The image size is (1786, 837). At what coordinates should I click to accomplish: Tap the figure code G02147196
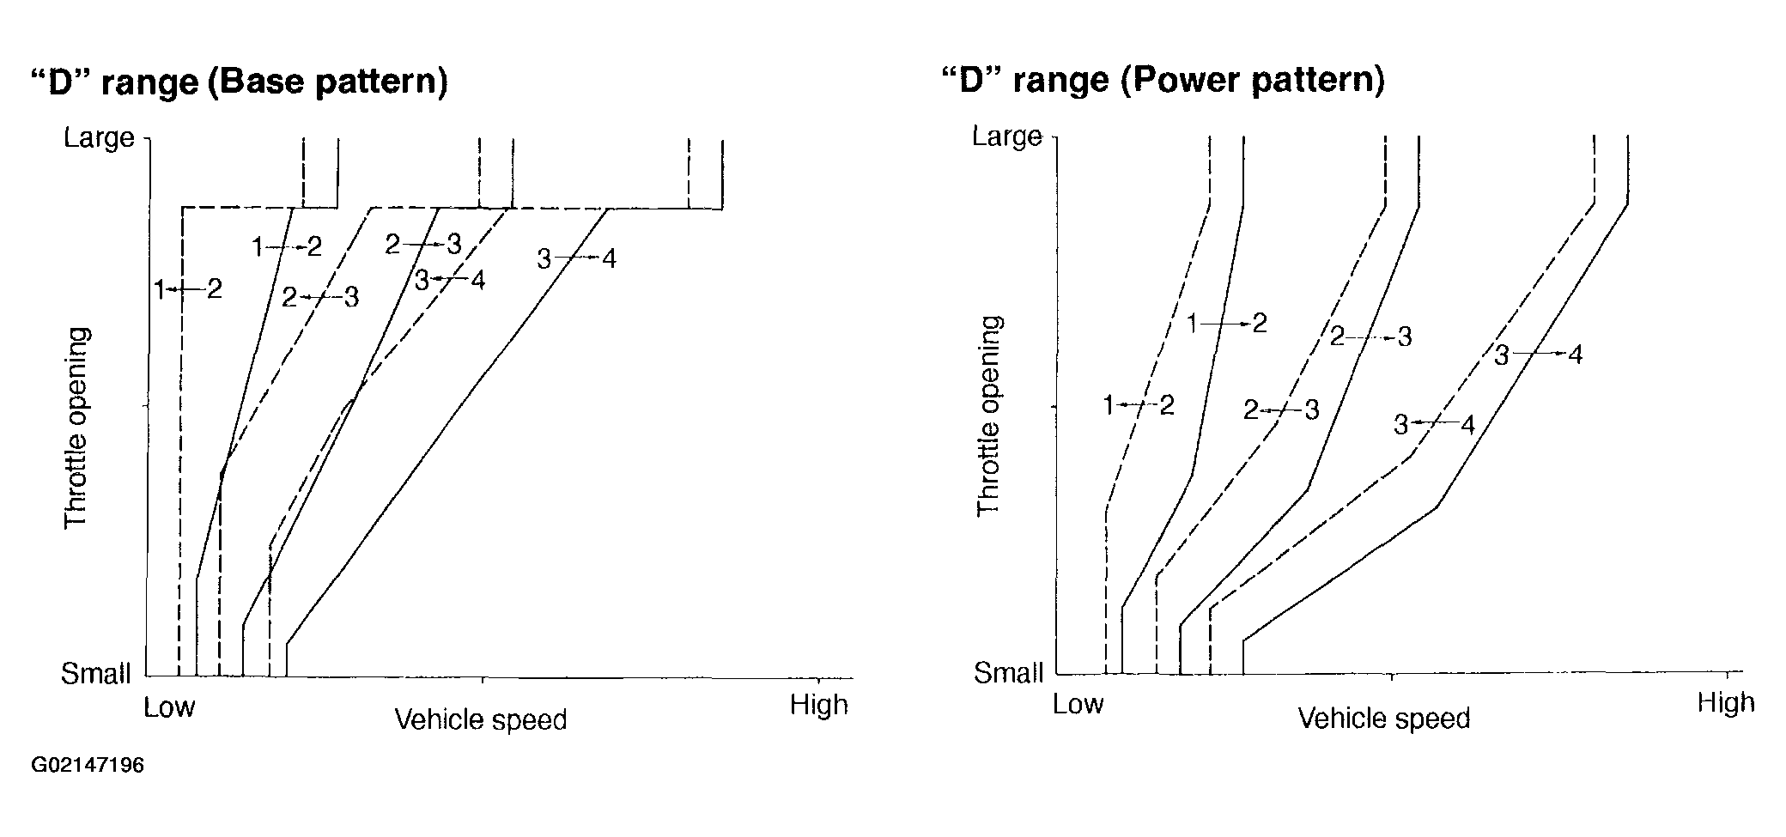[88, 765]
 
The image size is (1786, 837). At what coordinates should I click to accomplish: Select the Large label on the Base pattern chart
[100, 137]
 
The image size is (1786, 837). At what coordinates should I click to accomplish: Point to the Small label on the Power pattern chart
[1008, 672]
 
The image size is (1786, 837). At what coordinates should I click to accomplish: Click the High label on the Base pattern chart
[818, 706]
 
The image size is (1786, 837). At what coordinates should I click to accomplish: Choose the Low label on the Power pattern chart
[1078, 705]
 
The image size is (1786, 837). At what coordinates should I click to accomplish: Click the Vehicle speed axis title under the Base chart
[481, 719]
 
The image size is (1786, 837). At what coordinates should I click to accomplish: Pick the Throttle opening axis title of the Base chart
[76, 427]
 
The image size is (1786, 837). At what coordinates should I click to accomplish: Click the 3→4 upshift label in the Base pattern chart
[577, 258]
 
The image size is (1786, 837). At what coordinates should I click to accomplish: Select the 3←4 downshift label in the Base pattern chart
[449, 280]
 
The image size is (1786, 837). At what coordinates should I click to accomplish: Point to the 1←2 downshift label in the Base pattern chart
[188, 289]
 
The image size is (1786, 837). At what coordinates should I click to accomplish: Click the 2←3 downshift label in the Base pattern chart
[319, 298]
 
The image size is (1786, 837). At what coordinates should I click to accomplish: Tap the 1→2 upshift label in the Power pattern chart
[1226, 324]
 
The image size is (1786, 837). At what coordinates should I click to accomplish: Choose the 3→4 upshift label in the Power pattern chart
[1538, 355]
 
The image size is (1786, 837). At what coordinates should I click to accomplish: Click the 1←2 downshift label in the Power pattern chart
[1139, 405]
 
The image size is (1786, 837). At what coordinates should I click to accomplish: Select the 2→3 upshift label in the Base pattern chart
[423, 245]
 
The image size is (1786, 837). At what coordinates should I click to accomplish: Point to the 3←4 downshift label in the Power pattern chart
[1434, 424]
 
